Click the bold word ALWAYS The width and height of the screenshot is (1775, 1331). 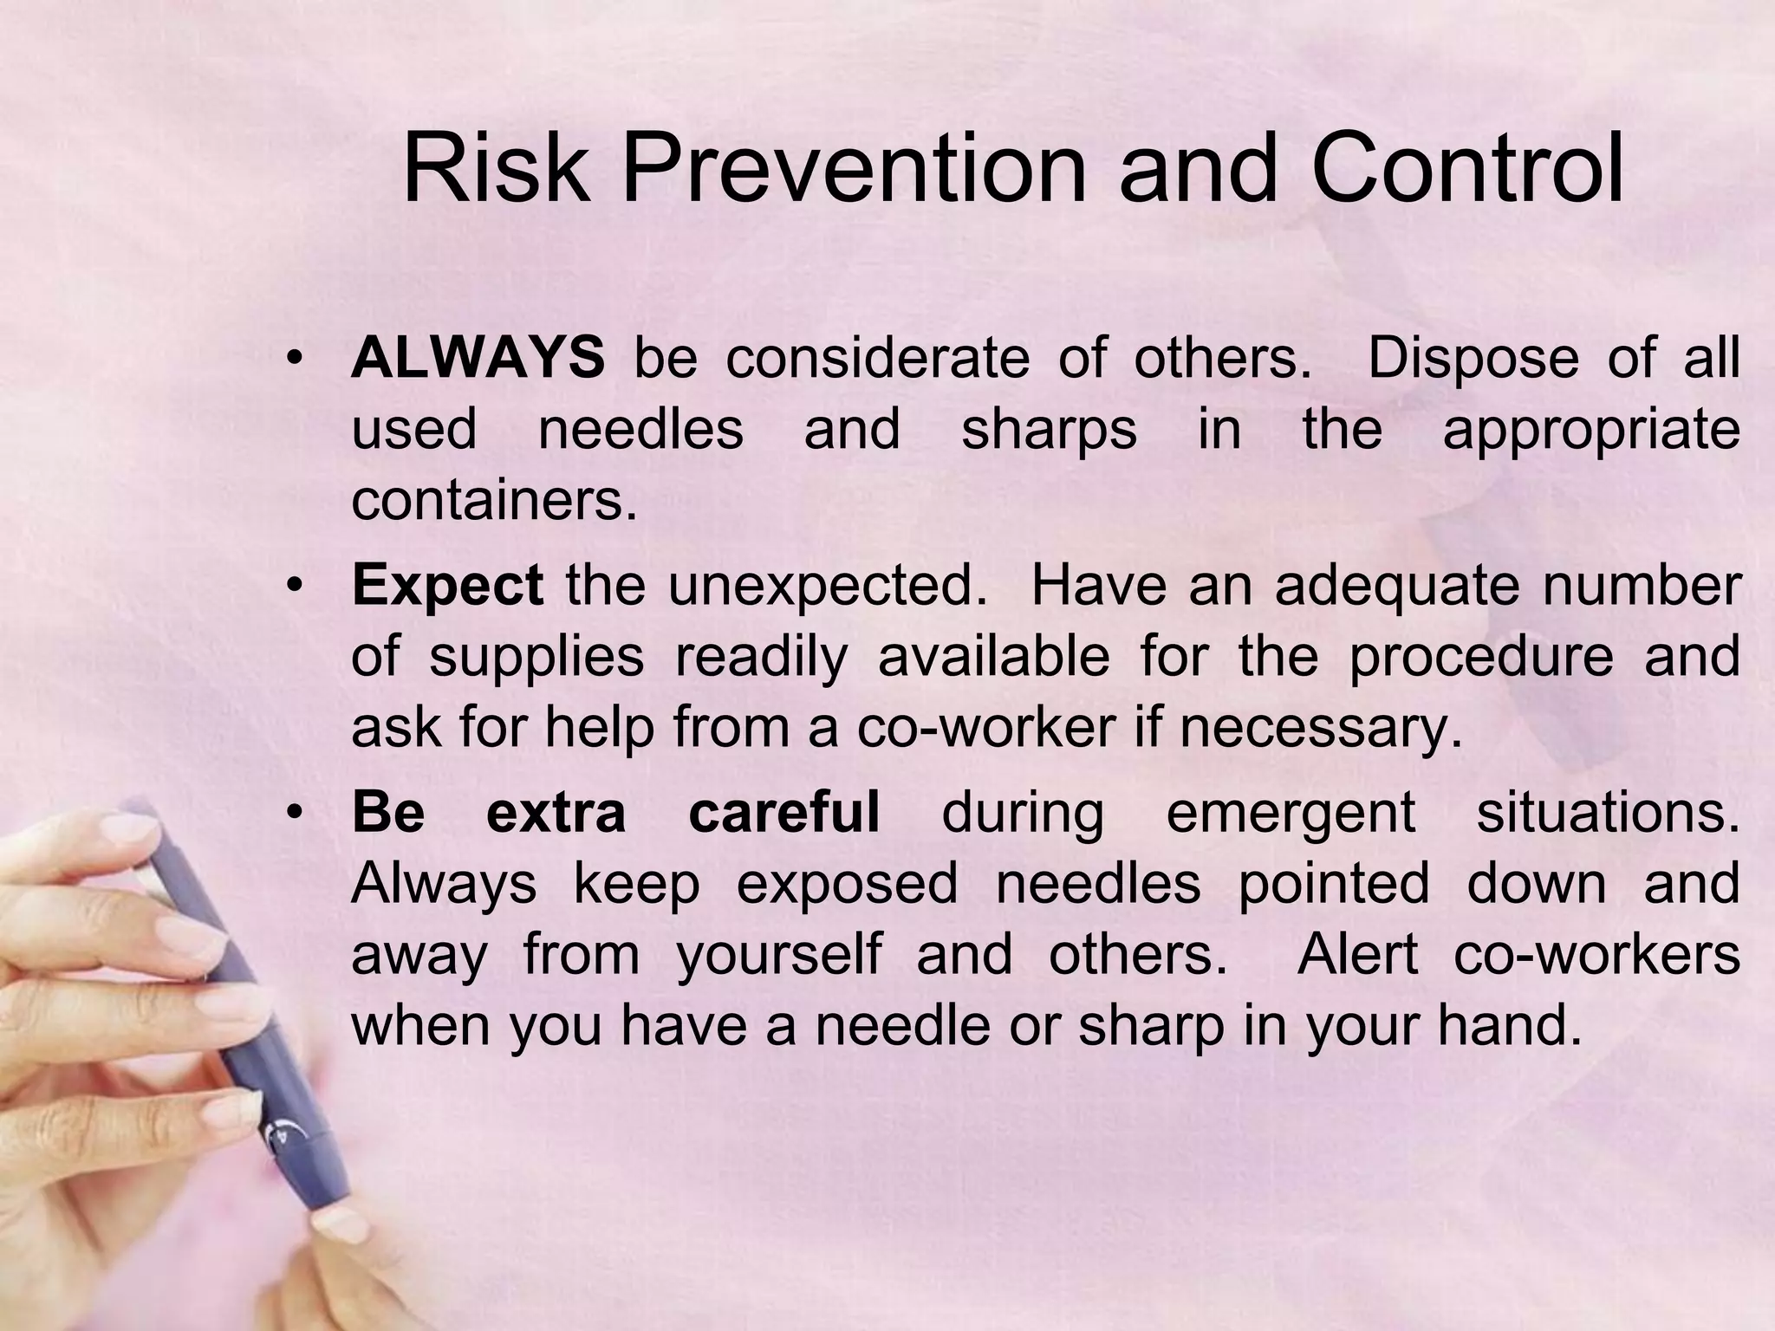[478, 358]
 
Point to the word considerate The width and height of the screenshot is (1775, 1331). [877, 358]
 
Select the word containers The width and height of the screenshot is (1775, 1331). [493, 500]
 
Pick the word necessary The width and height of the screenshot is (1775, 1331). [1321, 728]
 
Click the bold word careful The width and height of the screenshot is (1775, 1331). [783, 813]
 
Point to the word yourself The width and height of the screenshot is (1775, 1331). [778, 955]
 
